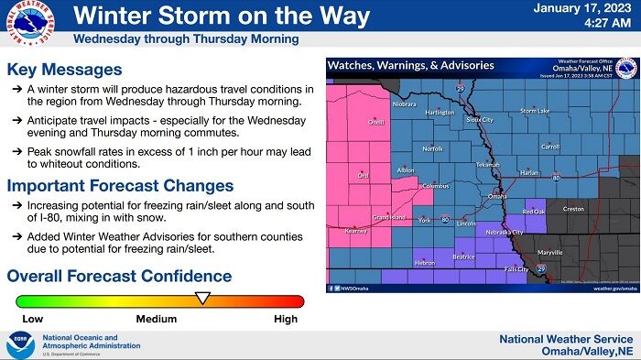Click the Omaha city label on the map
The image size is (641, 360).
coord(496,196)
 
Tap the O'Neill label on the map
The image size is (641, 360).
coord(375,122)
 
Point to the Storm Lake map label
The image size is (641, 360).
coord(535,111)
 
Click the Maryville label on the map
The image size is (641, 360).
coord(549,251)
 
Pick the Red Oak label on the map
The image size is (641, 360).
coord(533,212)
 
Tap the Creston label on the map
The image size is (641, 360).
coord(573,209)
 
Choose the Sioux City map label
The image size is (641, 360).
coord(479,119)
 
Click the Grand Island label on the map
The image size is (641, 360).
coord(389,217)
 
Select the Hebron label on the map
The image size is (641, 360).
coord(425,263)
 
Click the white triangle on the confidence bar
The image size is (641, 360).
coord(203,297)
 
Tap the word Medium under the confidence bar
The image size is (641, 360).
coord(157,320)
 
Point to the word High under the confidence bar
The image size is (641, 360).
coord(286,320)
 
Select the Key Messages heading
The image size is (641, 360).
coord(64,70)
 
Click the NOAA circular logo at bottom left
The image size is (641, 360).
coord(19,344)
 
